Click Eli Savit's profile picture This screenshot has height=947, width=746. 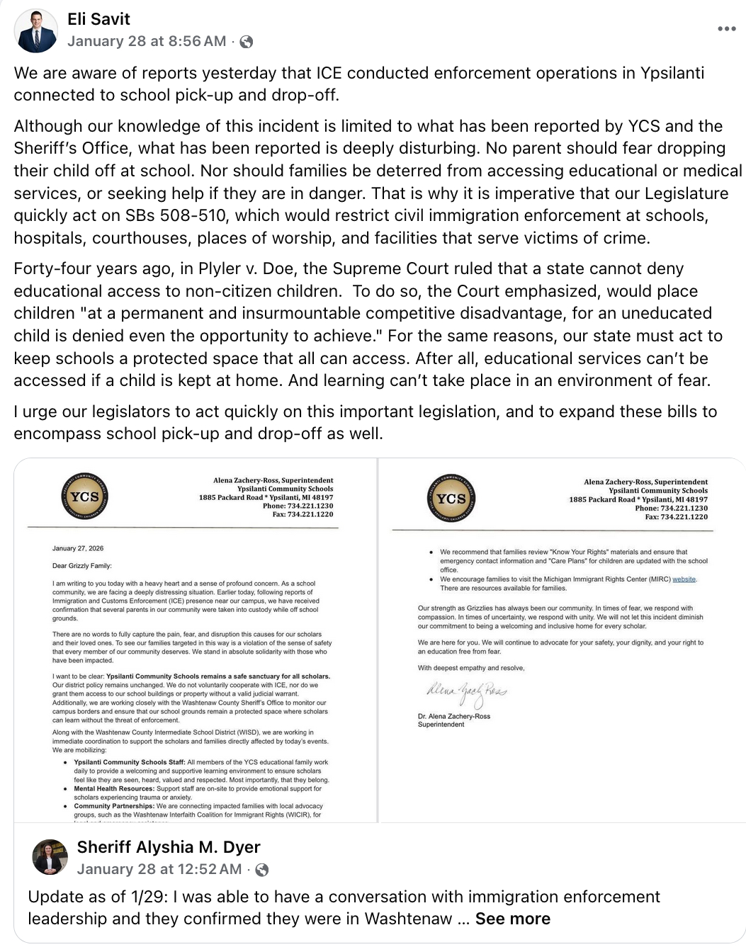pos(36,31)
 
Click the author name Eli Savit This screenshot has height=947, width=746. pos(98,19)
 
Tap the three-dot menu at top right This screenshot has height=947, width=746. pos(726,29)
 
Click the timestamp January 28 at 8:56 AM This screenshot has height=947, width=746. pos(147,41)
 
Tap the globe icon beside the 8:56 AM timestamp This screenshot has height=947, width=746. pos(247,42)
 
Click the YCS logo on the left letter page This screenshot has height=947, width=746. pos(84,497)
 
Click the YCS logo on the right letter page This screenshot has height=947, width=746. pos(451,499)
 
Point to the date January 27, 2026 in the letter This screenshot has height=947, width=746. pos(78,548)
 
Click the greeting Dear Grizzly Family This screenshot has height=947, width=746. pos(81,566)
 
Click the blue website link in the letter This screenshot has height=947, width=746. pos(684,579)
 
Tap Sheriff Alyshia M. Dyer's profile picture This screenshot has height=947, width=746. pos(50,858)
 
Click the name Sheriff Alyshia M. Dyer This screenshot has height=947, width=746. pos(169,847)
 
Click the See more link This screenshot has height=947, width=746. pos(512,919)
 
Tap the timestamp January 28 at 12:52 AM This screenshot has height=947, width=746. pos(159,869)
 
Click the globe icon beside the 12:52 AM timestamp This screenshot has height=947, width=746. pos(261,870)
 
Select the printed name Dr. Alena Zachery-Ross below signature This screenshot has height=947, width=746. pos(454,716)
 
